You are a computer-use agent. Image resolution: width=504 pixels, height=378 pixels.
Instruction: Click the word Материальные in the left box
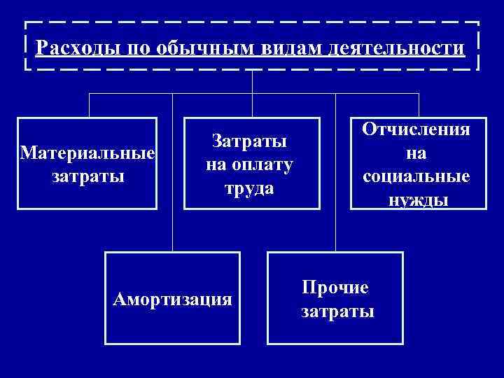(x=87, y=153)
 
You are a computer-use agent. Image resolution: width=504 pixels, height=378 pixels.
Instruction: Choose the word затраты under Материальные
(x=87, y=175)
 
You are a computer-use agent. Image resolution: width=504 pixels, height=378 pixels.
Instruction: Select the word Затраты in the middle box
(x=250, y=141)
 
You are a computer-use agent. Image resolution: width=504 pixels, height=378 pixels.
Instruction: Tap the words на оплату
(x=250, y=165)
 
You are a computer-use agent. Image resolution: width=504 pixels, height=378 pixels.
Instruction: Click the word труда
(x=250, y=188)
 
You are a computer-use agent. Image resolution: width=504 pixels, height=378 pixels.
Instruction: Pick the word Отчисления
(x=416, y=130)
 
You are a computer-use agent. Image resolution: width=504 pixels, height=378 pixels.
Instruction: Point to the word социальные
(x=416, y=176)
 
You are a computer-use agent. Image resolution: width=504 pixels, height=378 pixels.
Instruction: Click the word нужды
(x=416, y=199)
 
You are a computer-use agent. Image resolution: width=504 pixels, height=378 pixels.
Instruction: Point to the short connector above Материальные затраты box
(x=89, y=104)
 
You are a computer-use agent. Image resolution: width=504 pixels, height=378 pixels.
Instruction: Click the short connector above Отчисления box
(x=419, y=104)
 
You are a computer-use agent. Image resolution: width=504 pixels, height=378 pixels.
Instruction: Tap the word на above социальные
(x=416, y=153)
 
